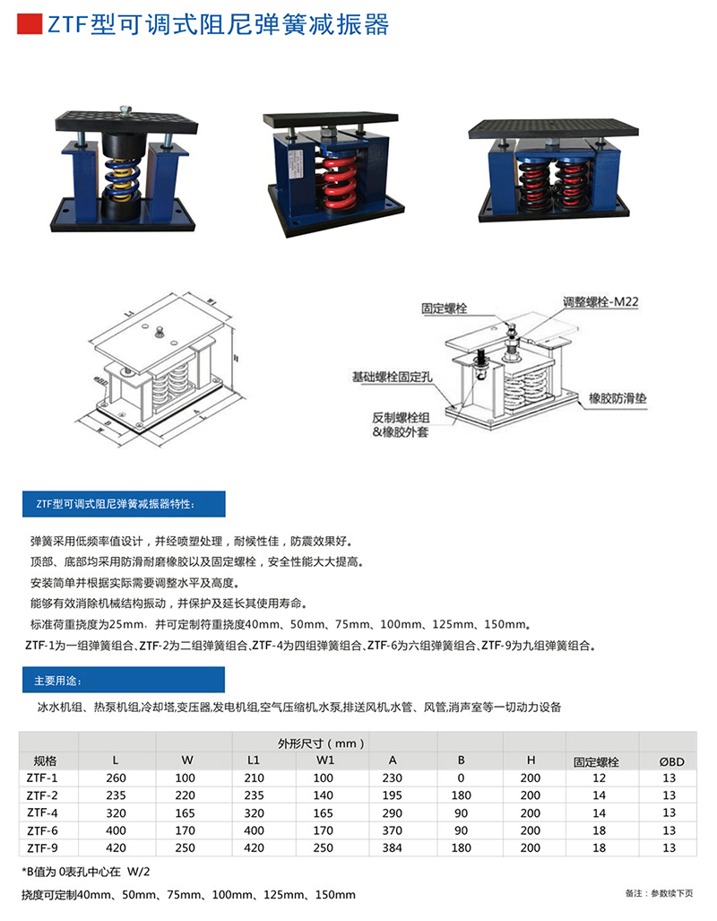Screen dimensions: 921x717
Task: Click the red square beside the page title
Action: pyautogui.click(x=30, y=24)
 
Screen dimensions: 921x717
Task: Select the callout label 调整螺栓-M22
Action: pyautogui.click(x=600, y=303)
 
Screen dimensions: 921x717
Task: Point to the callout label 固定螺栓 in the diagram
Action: pyautogui.click(x=445, y=308)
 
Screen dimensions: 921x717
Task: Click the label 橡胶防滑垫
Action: pyautogui.click(x=618, y=396)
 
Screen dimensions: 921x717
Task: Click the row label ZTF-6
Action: pyautogui.click(x=42, y=830)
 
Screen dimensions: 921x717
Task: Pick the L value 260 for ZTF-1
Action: pyautogui.click(x=117, y=778)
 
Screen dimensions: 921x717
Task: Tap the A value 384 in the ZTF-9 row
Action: pyautogui.click(x=393, y=847)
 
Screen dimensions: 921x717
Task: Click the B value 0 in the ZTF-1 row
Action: pyautogui.click(x=462, y=778)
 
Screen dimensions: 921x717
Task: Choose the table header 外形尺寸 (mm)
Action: pyautogui.click(x=322, y=743)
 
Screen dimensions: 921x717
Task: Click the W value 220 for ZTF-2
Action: pyautogui.click(x=185, y=795)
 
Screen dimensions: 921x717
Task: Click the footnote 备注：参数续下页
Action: pyautogui.click(x=659, y=893)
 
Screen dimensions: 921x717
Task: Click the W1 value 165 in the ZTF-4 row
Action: pyautogui.click(x=325, y=812)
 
